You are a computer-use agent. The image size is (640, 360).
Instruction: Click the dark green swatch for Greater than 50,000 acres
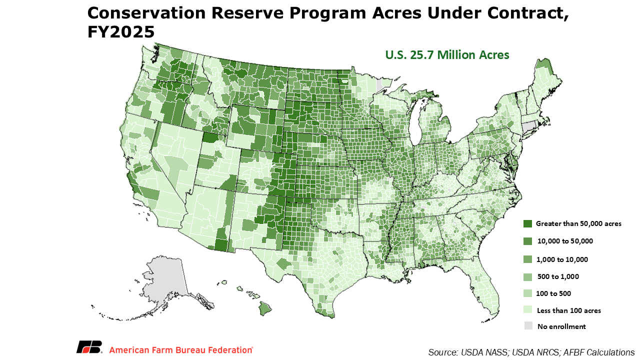(527, 223)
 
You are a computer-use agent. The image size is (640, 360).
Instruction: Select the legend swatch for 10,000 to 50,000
(527, 241)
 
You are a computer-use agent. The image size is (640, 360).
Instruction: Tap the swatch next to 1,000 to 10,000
(527, 259)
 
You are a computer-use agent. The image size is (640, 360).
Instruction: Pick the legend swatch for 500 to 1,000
(527, 276)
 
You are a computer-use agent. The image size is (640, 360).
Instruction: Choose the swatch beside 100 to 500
(527, 293)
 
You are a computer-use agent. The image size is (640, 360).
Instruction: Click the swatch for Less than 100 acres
(527, 310)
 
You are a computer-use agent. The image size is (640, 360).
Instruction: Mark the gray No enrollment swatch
(528, 325)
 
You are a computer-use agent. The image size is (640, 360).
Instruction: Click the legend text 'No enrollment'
(561, 326)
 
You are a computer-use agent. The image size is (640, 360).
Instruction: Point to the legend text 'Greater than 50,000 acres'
(578, 223)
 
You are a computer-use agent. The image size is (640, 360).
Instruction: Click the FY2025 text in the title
(121, 31)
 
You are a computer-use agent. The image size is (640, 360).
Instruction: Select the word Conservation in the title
(146, 13)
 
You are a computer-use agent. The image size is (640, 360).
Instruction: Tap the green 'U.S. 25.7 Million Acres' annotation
(447, 55)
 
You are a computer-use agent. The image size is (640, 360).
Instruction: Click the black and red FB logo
(89, 347)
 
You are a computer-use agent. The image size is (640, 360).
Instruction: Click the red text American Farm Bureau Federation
(181, 350)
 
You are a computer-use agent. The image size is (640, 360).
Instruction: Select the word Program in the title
(323, 13)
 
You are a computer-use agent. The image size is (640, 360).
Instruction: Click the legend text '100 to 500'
(553, 293)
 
